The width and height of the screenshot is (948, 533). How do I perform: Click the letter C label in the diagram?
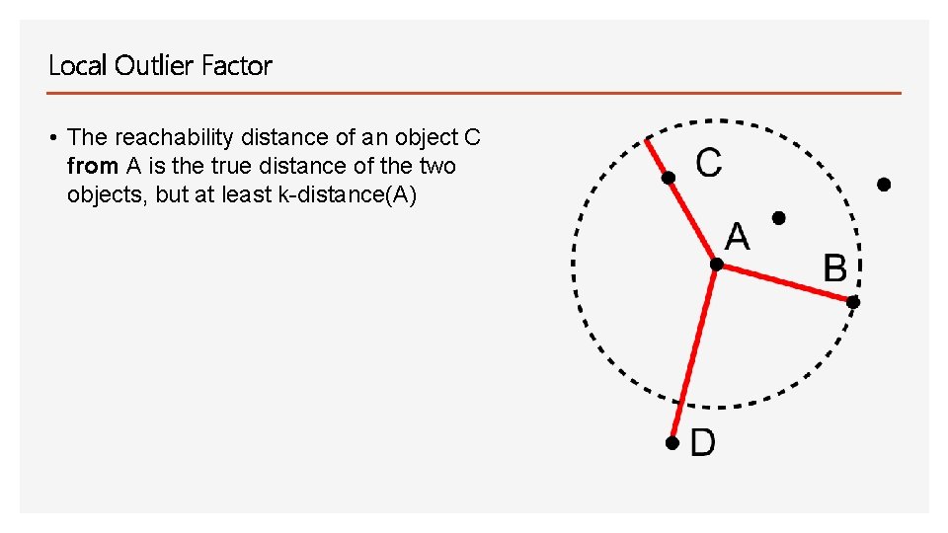tap(709, 162)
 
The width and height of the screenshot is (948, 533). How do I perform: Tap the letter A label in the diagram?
tap(738, 237)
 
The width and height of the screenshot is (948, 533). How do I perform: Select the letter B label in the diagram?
tap(835, 267)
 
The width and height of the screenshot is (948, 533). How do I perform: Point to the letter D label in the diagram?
tap(702, 442)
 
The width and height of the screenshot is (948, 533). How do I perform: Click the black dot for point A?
tap(717, 265)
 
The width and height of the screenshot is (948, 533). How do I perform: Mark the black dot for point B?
tap(854, 302)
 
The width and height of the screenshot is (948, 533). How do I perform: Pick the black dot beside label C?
tap(669, 178)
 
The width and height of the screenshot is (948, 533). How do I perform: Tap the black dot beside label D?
tap(671, 444)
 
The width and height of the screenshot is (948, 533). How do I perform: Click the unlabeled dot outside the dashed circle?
tap(884, 185)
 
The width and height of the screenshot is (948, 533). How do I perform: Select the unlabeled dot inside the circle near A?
tap(778, 217)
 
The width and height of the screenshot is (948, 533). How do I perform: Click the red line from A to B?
tap(785, 283)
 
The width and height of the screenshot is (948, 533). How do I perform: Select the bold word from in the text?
tap(93, 166)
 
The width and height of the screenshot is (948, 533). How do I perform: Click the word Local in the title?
tap(78, 66)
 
